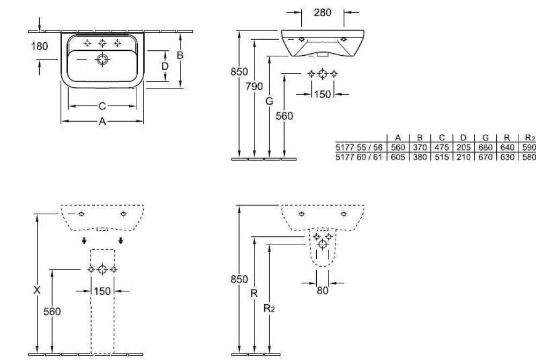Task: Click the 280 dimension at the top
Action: pyautogui.click(x=322, y=13)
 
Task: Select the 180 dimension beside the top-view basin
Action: pyautogui.click(x=39, y=46)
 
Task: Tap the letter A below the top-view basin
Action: pyautogui.click(x=102, y=121)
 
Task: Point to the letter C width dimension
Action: pyautogui.click(x=102, y=106)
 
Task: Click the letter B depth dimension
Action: pyautogui.click(x=180, y=55)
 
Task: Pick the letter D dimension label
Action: pyautogui.click(x=165, y=66)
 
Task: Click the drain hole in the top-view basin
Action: pyautogui.click(x=102, y=59)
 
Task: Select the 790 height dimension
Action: pyautogui.click(x=254, y=86)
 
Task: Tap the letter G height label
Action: pyautogui.click(x=270, y=101)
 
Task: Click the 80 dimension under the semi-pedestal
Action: pyautogui.click(x=322, y=291)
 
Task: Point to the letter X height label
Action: pyautogui.click(x=37, y=290)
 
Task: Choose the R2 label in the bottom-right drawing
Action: pyautogui.click(x=269, y=309)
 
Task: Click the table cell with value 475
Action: pyautogui.click(x=442, y=147)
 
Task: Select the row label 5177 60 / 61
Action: pyautogui.click(x=359, y=157)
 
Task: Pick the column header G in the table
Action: pyautogui.click(x=486, y=138)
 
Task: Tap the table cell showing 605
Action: pyautogui.click(x=398, y=157)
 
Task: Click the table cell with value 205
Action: pyautogui.click(x=464, y=147)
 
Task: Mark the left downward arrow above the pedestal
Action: pyautogui.click(x=84, y=241)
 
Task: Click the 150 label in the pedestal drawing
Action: pyautogui.click(x=102, y=291)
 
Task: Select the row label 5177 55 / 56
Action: pyautogui.click(x=359, y=147)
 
